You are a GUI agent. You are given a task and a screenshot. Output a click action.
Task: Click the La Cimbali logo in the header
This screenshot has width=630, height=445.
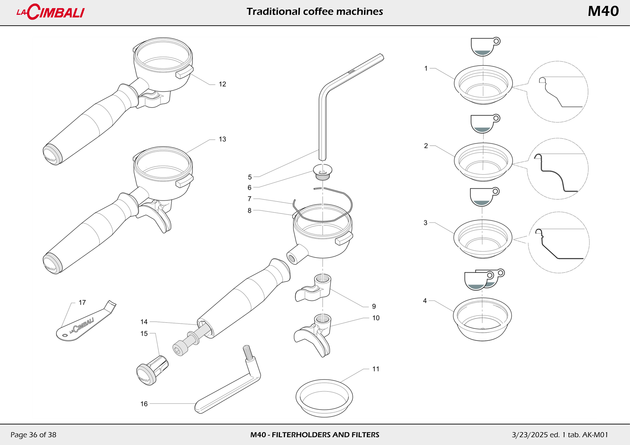tap(51, 12)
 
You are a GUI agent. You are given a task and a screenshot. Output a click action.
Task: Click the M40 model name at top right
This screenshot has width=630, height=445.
tap(603, 12)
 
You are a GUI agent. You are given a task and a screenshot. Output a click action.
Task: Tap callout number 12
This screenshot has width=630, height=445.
tap(222, 84)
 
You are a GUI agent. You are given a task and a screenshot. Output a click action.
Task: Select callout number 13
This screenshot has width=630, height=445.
tap(222, 139)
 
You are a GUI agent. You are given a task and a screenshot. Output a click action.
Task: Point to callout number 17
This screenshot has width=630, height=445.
tap(82, 302)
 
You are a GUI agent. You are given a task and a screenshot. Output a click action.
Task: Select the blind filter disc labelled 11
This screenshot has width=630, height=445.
tap(324, 398)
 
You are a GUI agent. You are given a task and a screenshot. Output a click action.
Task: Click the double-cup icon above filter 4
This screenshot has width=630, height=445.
tap(483, 280)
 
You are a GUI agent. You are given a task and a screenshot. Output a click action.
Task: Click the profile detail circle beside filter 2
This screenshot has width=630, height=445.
tap(558, 169)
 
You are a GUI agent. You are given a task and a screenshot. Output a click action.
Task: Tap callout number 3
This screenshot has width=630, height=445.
tap(425, 223)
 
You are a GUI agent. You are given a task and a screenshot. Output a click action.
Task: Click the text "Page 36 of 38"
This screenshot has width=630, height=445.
tap(33, 435)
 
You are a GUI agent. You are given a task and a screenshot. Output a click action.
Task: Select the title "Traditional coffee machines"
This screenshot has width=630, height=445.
tap(315, 12)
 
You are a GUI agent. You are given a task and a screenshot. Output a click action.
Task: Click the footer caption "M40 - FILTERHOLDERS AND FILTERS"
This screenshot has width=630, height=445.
tap(315, 435)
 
